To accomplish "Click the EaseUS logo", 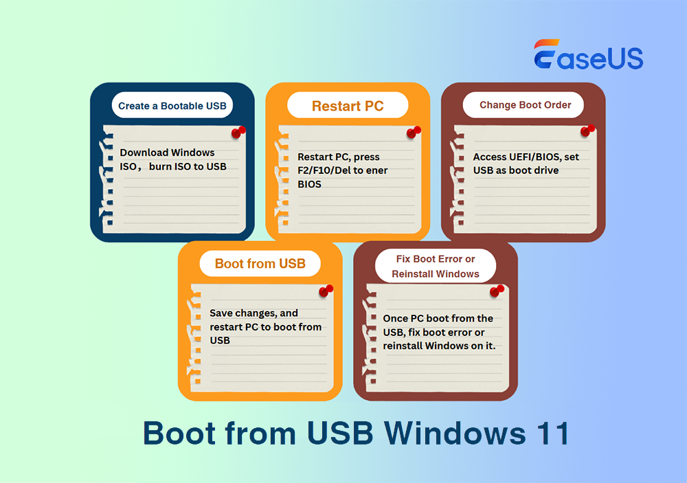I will pyautogui.click(x=588, y=55).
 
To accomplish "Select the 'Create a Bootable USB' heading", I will pyautogui.click(x=172, y=106).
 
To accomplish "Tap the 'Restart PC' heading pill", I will pyautogui.click(x=348, y=106).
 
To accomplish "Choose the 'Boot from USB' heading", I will pyautogui.click(x=260, y=263).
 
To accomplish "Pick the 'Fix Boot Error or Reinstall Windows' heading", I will pyautogui.click(x=436, y=267).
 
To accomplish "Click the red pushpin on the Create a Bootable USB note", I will pyautogui.click(x=238, y=131).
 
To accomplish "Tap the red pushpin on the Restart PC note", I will pyautogui.click(x=414, y=132).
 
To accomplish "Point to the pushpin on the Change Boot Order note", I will pyautogui.click(x=588, y=131).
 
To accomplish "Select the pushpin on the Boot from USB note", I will pyautogui.click(x=326, y=291).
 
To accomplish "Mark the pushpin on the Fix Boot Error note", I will pyautogui.click(x=497, y=291).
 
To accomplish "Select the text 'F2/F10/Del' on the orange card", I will pyautogui.click(x=324, y=170).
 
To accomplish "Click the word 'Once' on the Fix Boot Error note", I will pyautogui.click(x=396, y=319).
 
